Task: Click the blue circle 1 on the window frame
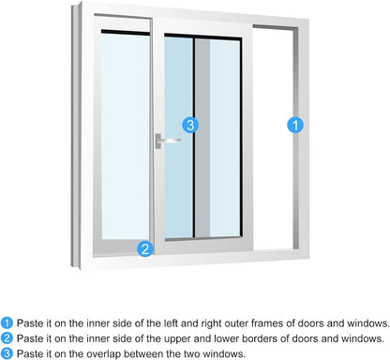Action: click(x=294, y=124)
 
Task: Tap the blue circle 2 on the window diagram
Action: click(x=144, y=248)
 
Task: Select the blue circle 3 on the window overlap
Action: click(x=190, y=124)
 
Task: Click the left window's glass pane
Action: click(x=124, y=141)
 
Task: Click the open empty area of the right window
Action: click(x=271, y=141)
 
